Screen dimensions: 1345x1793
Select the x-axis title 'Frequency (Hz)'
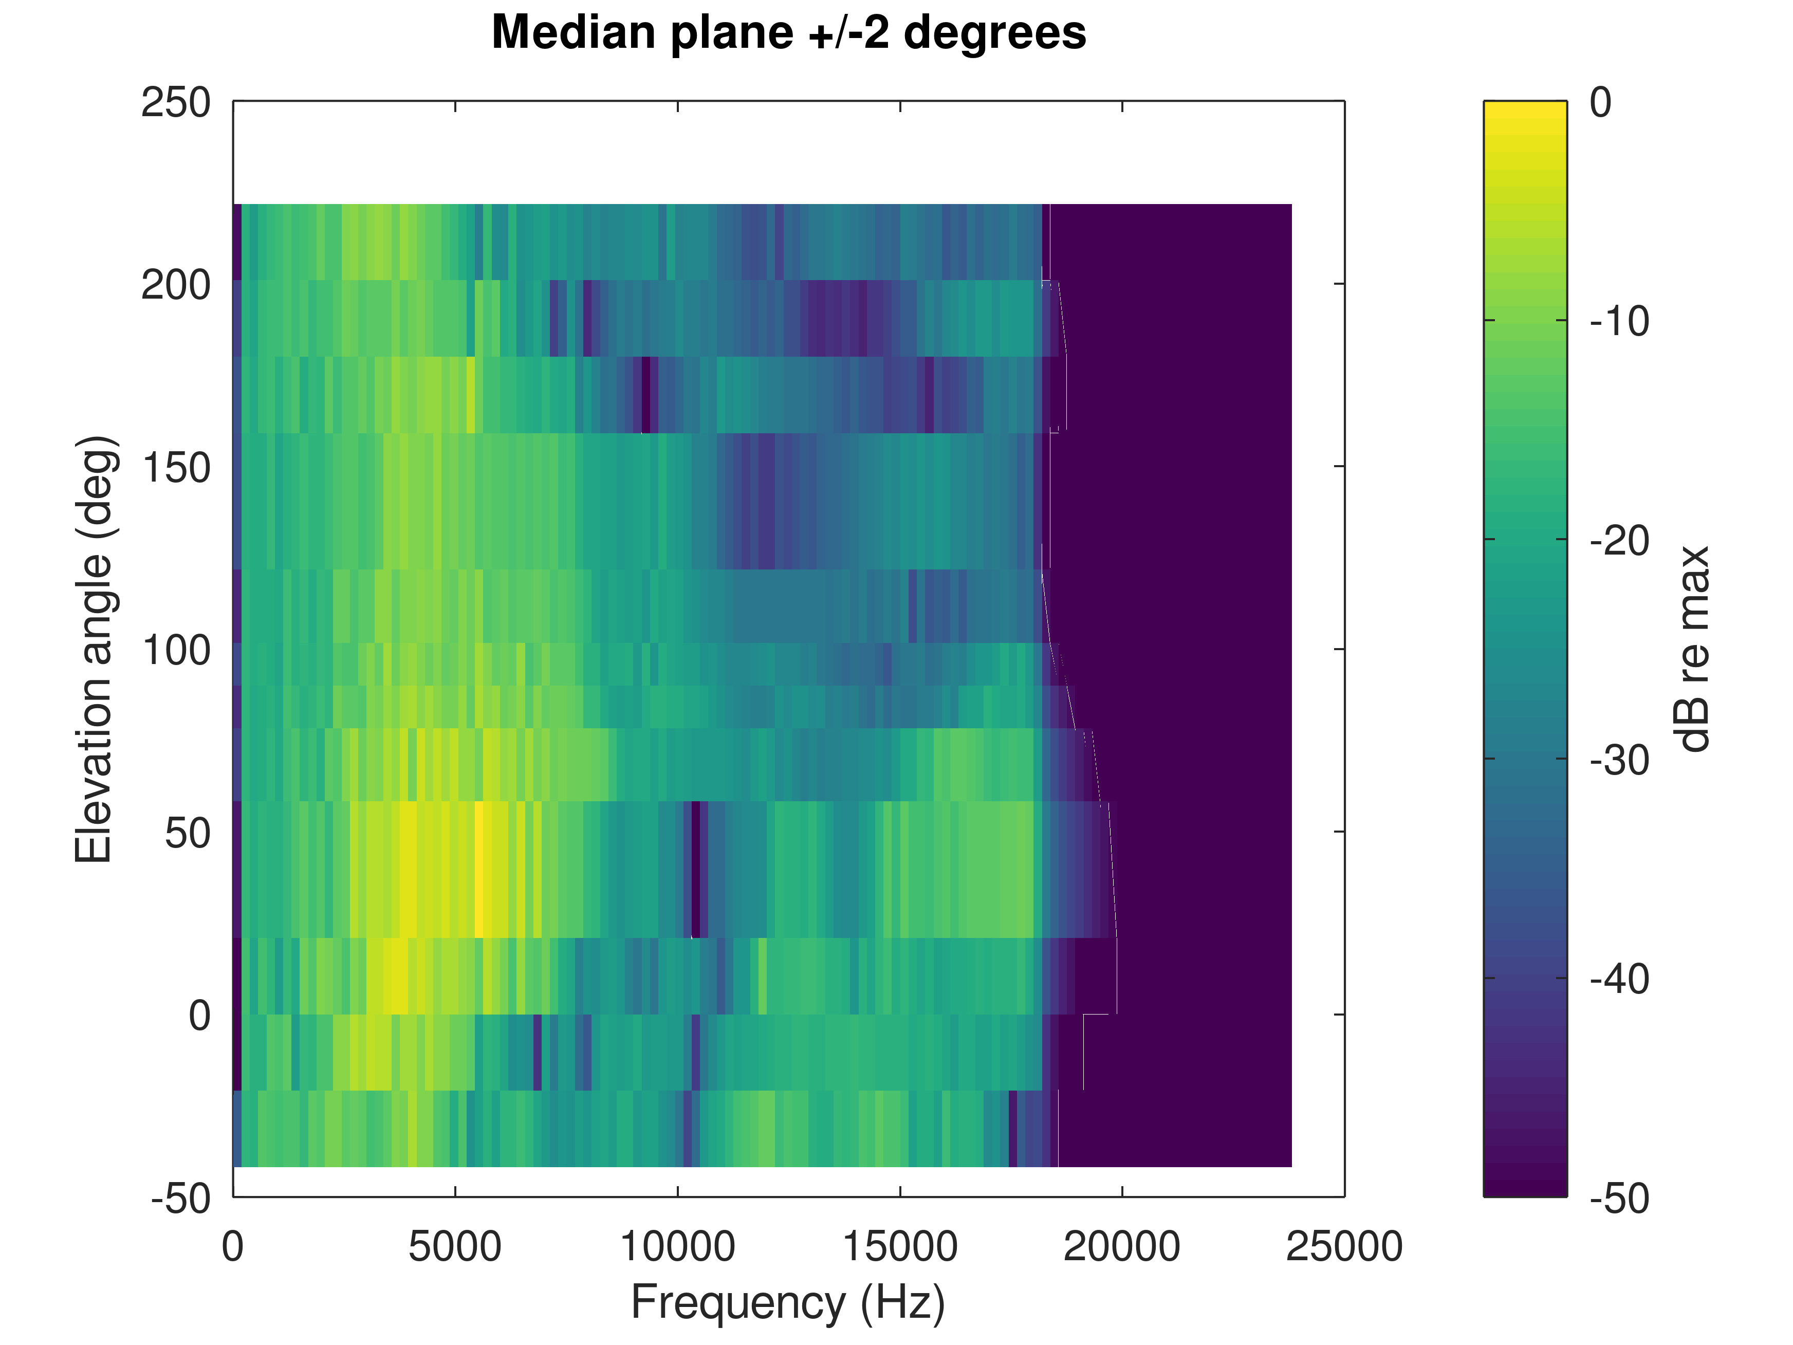788,1303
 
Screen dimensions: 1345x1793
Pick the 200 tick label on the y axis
176,285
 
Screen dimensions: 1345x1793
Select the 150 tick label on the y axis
176,468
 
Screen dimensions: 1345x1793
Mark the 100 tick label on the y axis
176,650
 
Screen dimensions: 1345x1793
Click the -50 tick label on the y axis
181,1198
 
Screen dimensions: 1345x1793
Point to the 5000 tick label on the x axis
455,1246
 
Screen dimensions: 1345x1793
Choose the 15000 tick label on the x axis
900,1246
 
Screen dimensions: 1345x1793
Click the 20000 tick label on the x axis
1122,1246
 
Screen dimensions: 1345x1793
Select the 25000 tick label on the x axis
1344,1246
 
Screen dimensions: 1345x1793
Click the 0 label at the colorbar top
1600,103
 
